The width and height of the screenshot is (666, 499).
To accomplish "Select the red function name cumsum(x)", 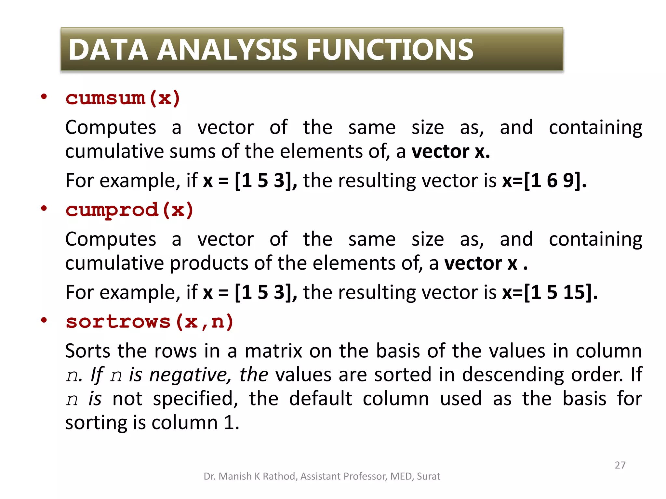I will (123, 98).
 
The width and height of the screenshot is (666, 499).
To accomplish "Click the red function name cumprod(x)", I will (129, 210).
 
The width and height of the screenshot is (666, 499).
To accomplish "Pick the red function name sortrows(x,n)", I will (150, 322).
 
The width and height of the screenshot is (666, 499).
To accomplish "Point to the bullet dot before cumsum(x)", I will (44, 97).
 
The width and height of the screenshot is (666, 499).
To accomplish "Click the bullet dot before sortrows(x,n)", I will (44, 320).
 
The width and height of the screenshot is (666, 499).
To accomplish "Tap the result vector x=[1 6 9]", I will (544, 180).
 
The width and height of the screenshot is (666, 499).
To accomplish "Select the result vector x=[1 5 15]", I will (550, 292).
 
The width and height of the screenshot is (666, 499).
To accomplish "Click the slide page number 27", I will (620, 465).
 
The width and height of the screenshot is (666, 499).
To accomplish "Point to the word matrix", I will (273, 351).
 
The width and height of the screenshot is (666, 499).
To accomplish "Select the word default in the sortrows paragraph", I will (320, 399).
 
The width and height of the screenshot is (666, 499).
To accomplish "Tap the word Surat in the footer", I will (428, 476).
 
